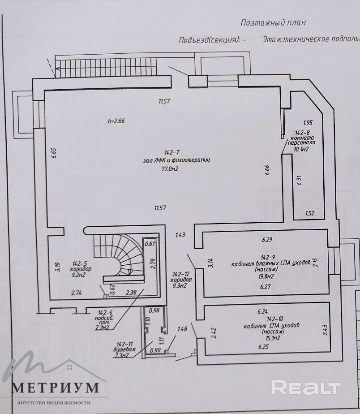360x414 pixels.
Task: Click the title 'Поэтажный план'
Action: [x=273, y=22]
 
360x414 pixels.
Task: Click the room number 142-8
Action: [x=303, y=133]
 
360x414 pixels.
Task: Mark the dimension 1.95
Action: [x=307, y=122]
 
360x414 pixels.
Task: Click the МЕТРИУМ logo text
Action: [x=55, y=387]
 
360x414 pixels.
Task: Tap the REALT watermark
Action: [x=306, y=387]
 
